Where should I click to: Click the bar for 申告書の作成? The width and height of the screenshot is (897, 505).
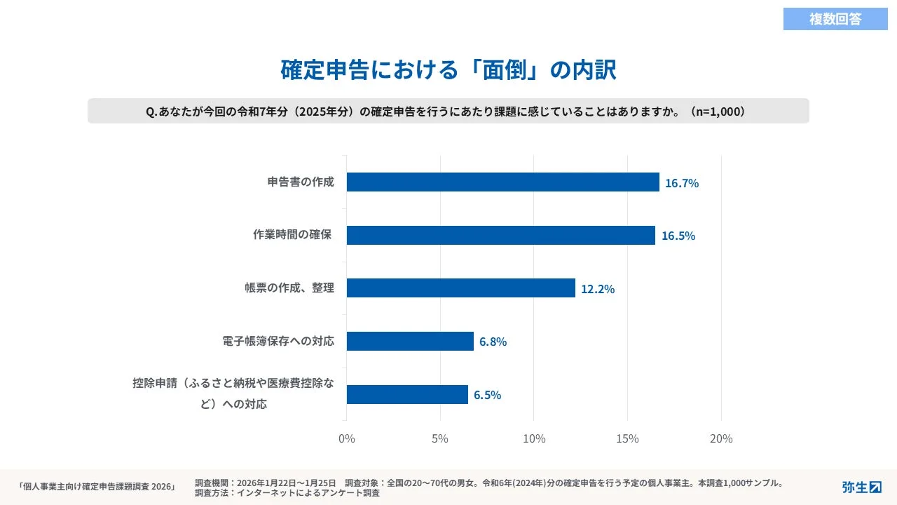[x=502, y=182]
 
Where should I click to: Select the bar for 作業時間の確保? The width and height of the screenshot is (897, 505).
[x=500, y=236]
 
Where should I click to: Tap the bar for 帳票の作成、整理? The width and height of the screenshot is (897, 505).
[x=460, y=288]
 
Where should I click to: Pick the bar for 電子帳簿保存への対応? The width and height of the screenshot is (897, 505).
[x=410, y=342]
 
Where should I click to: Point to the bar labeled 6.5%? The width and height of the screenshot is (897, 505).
[x=407, y=395]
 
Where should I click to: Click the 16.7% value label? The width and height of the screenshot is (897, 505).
[x=682, y=183]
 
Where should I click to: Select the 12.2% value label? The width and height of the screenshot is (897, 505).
[x=598, y=289]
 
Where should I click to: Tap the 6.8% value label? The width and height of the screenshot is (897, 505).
[x=493, y=342]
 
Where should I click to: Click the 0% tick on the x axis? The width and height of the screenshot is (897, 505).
[x=347, y=439]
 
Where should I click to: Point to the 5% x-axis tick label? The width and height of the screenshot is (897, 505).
[x=440, y=439]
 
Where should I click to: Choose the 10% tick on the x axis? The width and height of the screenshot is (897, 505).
[x=534, y=439]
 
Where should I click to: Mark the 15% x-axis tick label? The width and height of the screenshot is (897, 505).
[x=627, y=439]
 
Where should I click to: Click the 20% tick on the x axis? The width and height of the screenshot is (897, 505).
[x=721, y=439]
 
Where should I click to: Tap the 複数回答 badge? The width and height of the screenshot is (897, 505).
[x=835, y=19]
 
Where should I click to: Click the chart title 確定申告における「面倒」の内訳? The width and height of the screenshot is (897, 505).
[x=448, y=70]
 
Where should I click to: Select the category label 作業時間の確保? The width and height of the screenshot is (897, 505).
[x=292, y=235]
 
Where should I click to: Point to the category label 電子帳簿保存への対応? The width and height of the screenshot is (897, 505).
[x=278, y=342]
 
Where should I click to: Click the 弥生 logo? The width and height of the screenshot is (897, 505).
[x=861, y=487]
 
